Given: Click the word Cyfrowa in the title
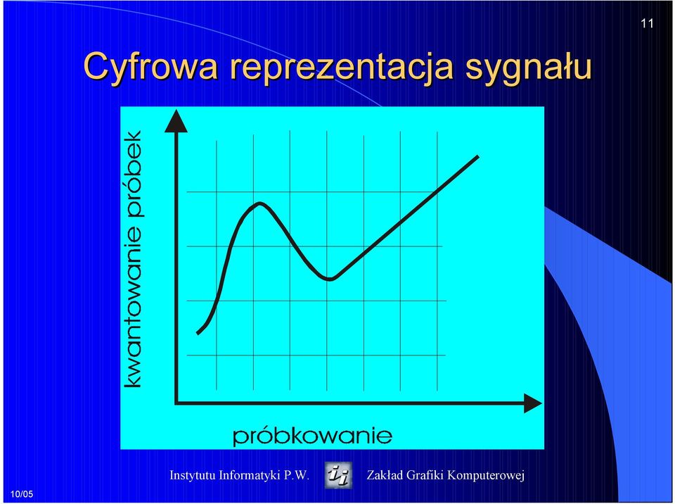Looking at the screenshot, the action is point(150,67).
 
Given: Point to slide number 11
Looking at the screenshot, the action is point(647,23).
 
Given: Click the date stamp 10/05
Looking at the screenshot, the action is point(22,494).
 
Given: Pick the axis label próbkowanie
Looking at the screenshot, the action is point(312,436).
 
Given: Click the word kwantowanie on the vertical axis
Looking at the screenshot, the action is point(133,315).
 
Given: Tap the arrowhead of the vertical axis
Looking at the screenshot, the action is point(176,120).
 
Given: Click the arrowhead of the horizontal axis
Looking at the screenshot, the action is point(532,403).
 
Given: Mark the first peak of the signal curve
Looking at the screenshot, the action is point(259,203).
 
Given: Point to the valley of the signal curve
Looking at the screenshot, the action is point(330,279).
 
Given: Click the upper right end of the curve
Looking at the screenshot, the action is point(478,156).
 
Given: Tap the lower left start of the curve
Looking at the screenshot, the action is point(198,332).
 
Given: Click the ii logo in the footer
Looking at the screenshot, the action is point(338,475).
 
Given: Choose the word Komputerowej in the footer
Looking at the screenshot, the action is point(486,476).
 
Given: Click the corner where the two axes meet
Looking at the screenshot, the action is point(176,403).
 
